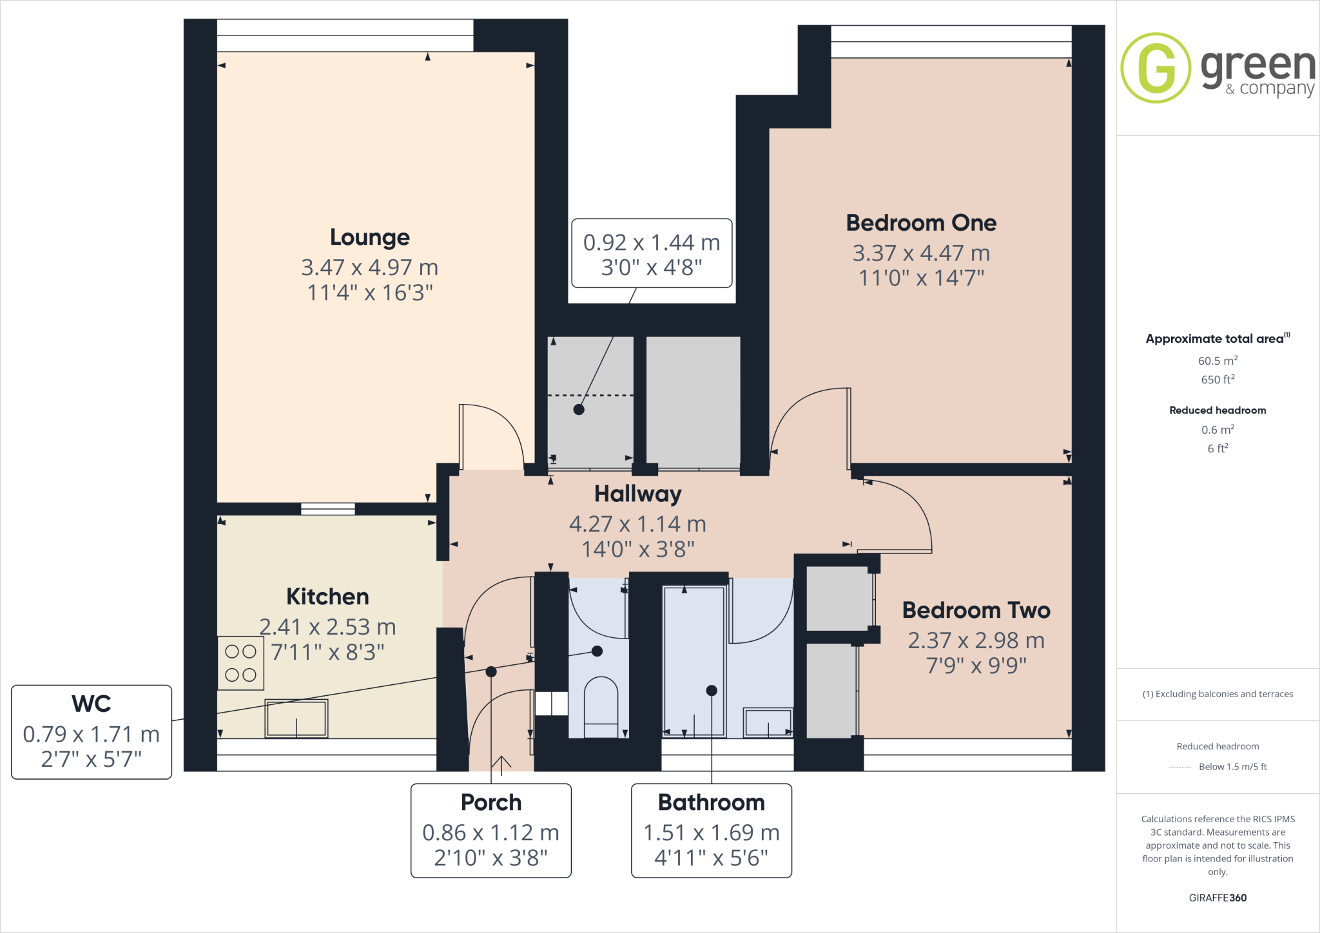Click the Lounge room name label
pyautogui.click(x=369, y=237)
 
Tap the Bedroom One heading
pyautogui.click(x=921, y=223)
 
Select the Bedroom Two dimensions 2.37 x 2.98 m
pyautogui.click(x=976, y=640)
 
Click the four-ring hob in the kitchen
pyautogui.click(x=240, y=663)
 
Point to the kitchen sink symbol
pyautogui.click(x=296, y=718)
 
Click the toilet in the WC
pyautogui.click(x=601, y=706)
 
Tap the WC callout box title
pyautogui.click(x=92, y=704)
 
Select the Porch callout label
pyautogui.click(x=491, y=802)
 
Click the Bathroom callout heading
pyautogui.click(x=711, y=802)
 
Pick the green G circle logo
pyautogui.click(x=1156, y=68)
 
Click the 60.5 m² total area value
pyautogui.click(x=1218, y=361)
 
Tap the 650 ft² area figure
pyautogui.click(x=1218, y=380)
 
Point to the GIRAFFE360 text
pyautogui.click(x=1218, y=898)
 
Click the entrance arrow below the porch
pyautogui.click(x=501, y=763)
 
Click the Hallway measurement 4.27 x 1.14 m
pyautogui.click(x=637, y=524)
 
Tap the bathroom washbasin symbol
pyautogui.click(x=768, y=723)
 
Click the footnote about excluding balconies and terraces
pyautogui.click(x=1218, y=694)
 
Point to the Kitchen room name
pyautogui.click(x=327, y=597)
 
